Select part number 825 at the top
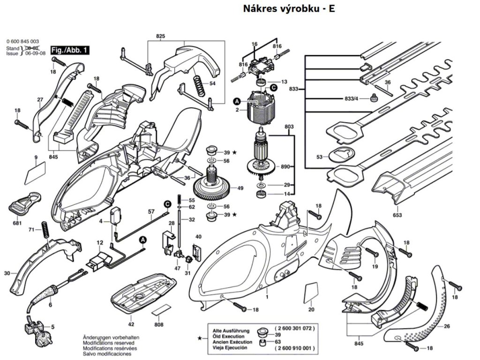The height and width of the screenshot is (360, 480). point(161,36)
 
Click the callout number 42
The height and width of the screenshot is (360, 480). point(131,324)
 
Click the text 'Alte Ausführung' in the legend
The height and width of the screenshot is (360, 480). point(228,330)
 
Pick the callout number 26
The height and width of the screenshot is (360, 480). point(447,326)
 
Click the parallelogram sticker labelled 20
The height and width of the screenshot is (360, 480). point(310,293)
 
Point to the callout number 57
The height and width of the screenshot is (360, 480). point(151,212)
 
